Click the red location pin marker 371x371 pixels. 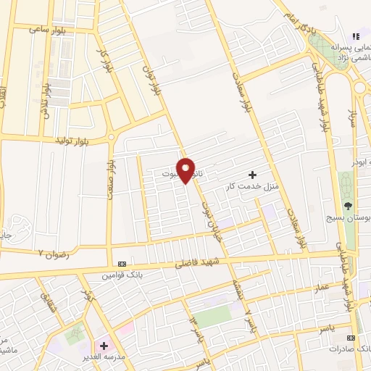click(186, 170)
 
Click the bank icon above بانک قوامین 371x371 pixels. click(121, 263)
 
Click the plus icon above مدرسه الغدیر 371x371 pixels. click(104, 346)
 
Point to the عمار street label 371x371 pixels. click(322, 288)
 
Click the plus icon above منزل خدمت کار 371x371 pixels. click(252, 174)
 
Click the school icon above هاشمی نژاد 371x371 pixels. click(355, 36)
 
